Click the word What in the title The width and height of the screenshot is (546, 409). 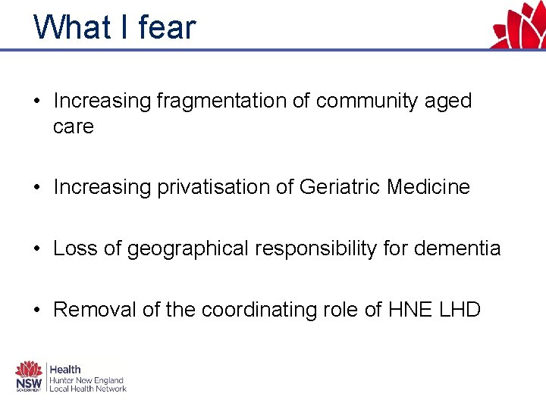(73, 27)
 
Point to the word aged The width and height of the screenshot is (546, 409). (448, 101)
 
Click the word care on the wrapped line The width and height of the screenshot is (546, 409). (73, 126)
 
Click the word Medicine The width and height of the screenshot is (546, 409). (428, 187)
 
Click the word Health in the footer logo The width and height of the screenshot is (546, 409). (65, 370)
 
